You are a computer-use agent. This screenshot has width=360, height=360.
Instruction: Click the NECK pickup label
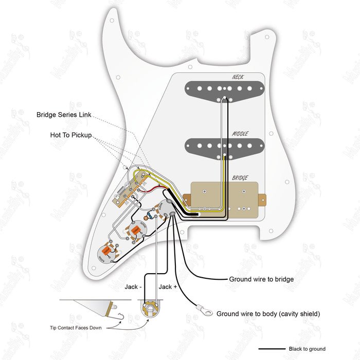(237, 77)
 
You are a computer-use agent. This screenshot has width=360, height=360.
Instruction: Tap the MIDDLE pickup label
(240, 134)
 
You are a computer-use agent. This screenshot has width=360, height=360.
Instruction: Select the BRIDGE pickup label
(240, 178)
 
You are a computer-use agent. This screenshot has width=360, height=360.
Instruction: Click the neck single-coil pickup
(225, 88)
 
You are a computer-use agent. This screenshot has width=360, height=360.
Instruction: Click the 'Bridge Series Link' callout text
(64, 115)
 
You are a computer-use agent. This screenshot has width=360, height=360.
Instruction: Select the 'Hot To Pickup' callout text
(70, 135)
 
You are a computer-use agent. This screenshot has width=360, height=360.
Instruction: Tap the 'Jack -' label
(133, 286)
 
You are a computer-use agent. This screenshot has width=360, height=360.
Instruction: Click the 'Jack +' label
(168, 286)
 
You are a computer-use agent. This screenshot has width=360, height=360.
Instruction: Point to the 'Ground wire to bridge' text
(261, 279)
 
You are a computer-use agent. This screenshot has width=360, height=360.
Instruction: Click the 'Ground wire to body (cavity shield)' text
(268, 313)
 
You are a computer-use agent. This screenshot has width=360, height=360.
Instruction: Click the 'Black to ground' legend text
(307, 349)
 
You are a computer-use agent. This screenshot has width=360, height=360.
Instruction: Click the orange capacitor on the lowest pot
(106, 250)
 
